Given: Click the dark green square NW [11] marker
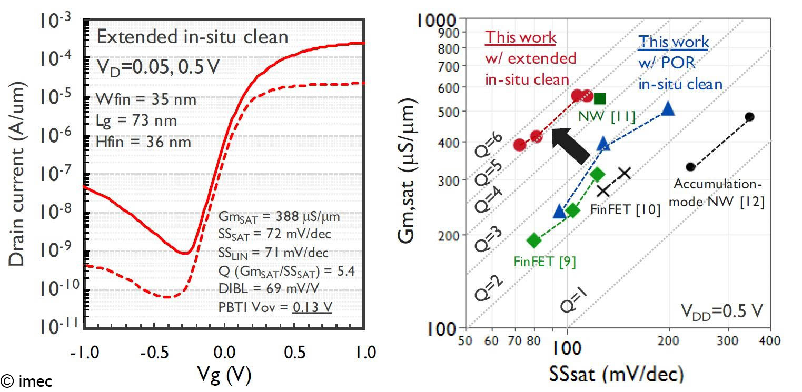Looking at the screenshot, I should click(599, 98).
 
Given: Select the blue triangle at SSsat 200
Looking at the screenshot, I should click(668, 109).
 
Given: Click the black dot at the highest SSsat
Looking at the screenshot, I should click(750, 117).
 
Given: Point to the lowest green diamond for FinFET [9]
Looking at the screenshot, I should click(534, 240).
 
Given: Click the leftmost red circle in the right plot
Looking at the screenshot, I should click(519, 145).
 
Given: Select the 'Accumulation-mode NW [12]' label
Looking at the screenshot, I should click(718, 193).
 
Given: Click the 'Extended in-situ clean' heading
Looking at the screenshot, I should click(192, 37).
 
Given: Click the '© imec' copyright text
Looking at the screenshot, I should click(26, 381).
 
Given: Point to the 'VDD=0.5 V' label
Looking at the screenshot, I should click(721, 311).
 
